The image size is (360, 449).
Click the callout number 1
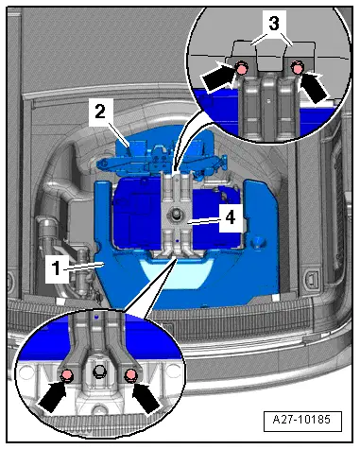pyautogui.click(x=56, y=268)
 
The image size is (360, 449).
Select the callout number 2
pyautogui.click(x=100, y=112)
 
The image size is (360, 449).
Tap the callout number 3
pyautogui.click(x=274, y=23)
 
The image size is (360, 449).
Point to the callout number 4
pyautogui.click(x=231, y=217)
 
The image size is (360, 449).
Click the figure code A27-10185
pyautogui.click(x=301, y=420)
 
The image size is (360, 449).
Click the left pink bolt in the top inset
pyautogui.click(x=242, y=68)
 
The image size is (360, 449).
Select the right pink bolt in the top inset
pyautogui.click(x=297, y=68)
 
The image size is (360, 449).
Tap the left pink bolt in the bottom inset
pyautogui.click(x=67, y=375)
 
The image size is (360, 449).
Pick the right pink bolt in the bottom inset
pyautogui.click(x=131, y=375)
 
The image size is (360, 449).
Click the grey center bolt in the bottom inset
pyautogui.click(x=99, y=371)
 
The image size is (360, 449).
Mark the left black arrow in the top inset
pyautogui.click(x=218, y=77)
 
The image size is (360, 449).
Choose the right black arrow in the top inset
pyautogui.click(x=314, y=85)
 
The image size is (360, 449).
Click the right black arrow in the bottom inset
pyautogui.click(x=146, y=398)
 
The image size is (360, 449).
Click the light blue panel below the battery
pyautogui.click(x=176, y=273)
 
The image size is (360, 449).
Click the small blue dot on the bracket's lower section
pyautogui.click(x=178, y=241)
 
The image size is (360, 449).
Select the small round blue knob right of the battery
pyautogui.click(x=259, y=241)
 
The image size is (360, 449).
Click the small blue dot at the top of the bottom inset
pyautogui.click(x=97, y=316)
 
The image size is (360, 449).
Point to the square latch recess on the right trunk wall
pyautogui.click(x=311, y=279)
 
